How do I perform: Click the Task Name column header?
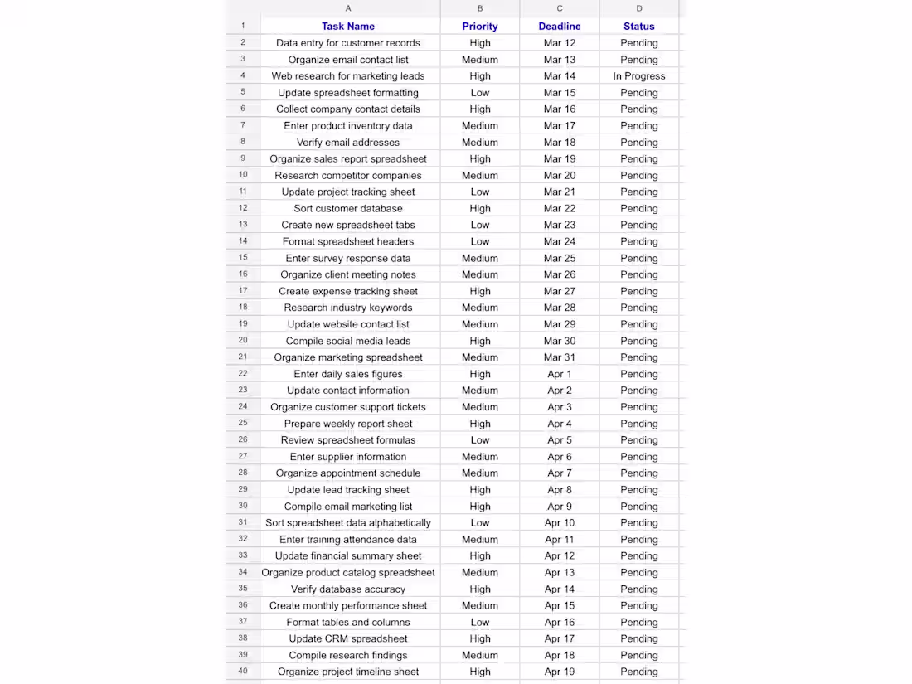click(x=348, y=27)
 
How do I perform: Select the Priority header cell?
click(x=480, y=27)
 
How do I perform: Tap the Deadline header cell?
click(x=560, y=27)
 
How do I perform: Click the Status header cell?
click(x=639, y=27)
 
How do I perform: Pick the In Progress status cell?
click(x=639, y=76)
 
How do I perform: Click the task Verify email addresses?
click(x=348, y=143)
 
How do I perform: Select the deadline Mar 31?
click(x=560, y=357)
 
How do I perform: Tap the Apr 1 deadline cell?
click(x=560, y=374)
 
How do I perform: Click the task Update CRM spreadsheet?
click(x=348, y=638)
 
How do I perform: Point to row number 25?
click(x=243, y=424)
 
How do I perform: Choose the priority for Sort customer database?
click(x=480, y=209)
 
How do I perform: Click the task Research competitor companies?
click(x=348, y=176)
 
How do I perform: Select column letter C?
click(x=560, y=8)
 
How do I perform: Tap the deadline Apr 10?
click(x=560, y=523)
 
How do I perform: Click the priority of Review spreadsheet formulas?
click(x=480, y=440)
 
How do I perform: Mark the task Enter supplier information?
click(x=348, y=457)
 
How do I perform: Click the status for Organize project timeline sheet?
click(x=639, y=672)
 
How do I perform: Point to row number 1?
click(x=243, y=26)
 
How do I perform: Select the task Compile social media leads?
click(x=348, y=341)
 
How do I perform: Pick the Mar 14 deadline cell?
click(x=560, y=76)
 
